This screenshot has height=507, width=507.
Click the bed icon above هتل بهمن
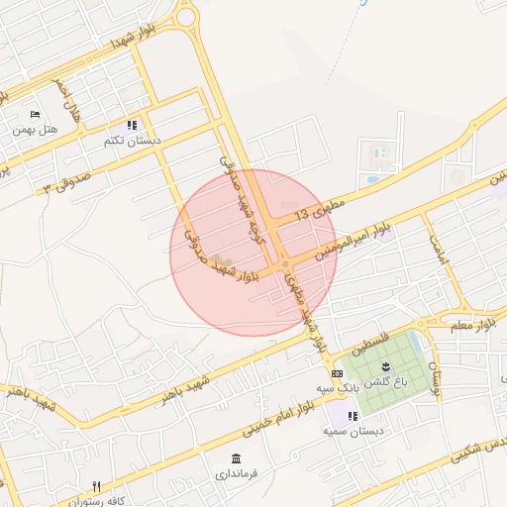pos(36,115)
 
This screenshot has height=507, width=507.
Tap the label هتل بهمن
pos(36,130)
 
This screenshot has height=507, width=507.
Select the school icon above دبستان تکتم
pos(132,126)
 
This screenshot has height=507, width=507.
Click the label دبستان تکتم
pos(132,141)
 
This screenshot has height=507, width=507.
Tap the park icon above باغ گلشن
pos(386,366)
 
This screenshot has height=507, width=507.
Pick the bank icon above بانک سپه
pos(338,373)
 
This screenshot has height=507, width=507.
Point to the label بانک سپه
pos(338,388)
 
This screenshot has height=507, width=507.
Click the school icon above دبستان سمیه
pos(353,416)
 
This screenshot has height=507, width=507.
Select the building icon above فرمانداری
pos(236,458)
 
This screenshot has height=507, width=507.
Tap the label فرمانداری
pos(236,474)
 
